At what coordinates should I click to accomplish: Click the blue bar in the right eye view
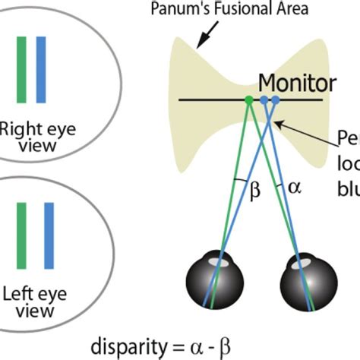point(41,69)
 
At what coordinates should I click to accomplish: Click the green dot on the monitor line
point(248,99)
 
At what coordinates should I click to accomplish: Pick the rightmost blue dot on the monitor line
point(275,99)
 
